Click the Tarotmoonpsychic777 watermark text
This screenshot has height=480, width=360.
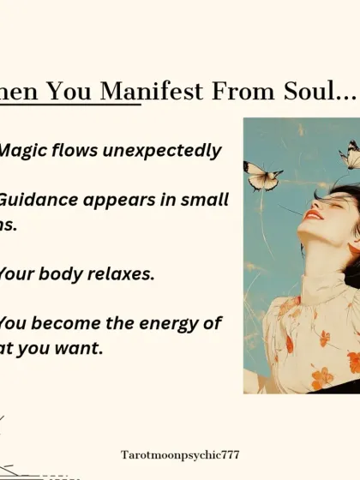coord(180,454)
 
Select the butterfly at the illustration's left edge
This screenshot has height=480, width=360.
coord(261,176)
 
